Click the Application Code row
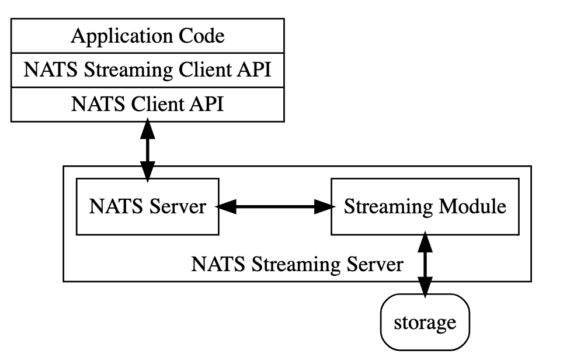(147, 36)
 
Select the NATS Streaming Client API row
(147, 71)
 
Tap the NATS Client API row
(147, 105)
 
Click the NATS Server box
(147, 206)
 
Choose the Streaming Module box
(425, 206)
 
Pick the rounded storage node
(425, 322)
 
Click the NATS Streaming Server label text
(297, 265)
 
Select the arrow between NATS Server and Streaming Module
(274, 206)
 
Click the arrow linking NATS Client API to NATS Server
(148, 150)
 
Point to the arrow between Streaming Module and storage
(425, 263)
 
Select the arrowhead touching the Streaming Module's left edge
(322, 206)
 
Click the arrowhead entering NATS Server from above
(148, 171)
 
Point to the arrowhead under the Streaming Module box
(425, 241)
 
